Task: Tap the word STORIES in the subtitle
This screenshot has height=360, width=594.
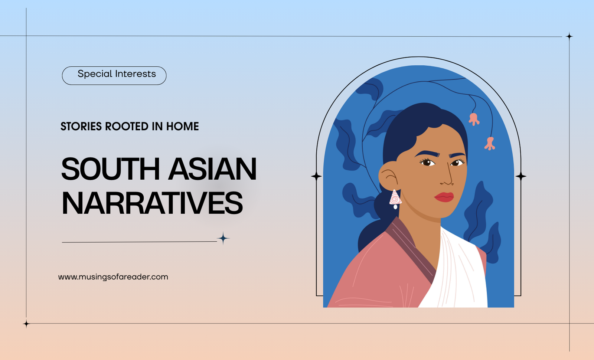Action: click(x=81, y=127)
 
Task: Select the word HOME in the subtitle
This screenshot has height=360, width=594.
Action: click(x=182, y=127)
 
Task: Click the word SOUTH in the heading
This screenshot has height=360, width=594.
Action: click(x=110, y=169)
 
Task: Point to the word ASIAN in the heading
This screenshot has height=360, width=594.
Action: click(x=212, y=169)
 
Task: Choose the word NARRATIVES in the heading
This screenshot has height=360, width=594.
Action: click(x=152, y=203)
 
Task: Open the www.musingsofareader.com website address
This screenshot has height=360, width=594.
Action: click(x=113, y=277)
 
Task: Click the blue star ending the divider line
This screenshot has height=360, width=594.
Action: click(x=223, y=238)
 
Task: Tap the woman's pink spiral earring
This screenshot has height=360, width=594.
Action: click(x=395, y=199)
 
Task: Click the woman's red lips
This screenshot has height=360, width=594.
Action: click(x=444, y=197)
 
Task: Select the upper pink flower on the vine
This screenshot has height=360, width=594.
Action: click(x=474, y=119)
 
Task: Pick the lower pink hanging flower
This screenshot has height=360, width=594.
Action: click(x=490, y=143)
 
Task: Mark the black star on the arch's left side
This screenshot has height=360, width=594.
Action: click(x=316, y=176)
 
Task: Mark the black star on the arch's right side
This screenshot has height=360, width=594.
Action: click(x=521, y=176)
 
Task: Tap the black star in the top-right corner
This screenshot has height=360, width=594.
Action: click(x=569, y=36)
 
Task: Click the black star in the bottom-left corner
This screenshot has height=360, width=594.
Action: click(x=26, y=324)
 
